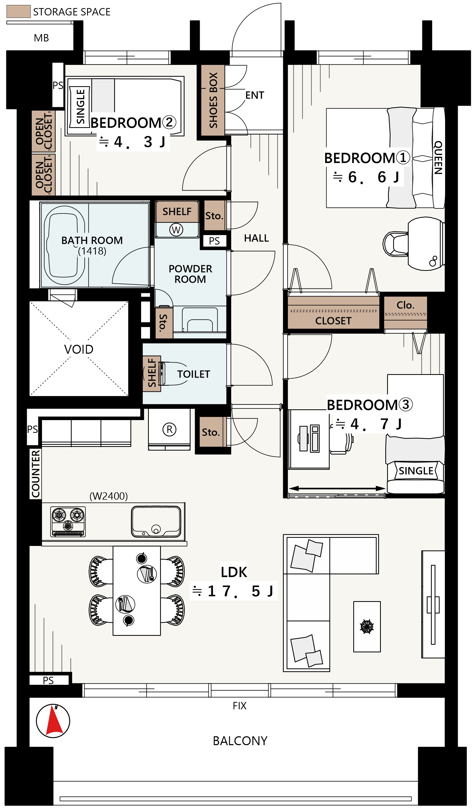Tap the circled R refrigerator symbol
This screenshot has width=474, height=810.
[x=169, y=429]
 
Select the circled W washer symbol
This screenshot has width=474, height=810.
[x=176, y=230]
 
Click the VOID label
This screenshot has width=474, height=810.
[x=79, y=349]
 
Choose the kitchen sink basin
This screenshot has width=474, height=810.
[x=156, y=521]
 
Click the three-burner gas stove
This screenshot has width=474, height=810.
[x=68, y=521]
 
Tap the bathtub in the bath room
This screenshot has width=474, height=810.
[x=64, y=245]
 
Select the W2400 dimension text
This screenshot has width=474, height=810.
[x=109, y=496]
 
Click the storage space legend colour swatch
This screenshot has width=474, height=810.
[x=19, y=11]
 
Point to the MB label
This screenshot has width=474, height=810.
[x=41, y=38]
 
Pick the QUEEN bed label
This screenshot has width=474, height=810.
[x=438, y=157]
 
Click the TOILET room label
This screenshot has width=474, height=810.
[x=193, y=374]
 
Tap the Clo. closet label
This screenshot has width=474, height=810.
[x=405, y=305]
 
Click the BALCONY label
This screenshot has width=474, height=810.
[x=240, y=741]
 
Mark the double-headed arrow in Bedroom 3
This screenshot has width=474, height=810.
[x=337, y=488]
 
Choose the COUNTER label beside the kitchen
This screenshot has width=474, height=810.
[x=36, y=473]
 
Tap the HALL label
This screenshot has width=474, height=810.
[x=256, y=238]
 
